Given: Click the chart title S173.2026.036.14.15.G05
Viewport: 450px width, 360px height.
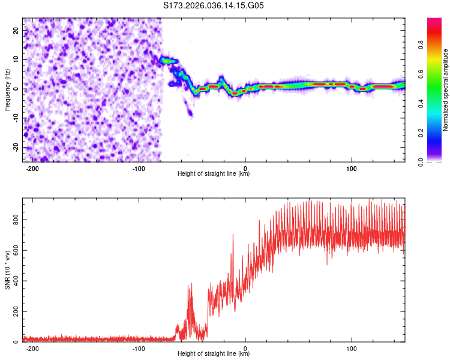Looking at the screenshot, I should (x=214, y=6).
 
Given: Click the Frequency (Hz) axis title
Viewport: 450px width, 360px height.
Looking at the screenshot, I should (x=7, y=89).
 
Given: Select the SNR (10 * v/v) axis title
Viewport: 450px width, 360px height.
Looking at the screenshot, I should (x=7, y=271).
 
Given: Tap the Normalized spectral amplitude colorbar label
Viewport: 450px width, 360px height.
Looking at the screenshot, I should (x=445, y=90).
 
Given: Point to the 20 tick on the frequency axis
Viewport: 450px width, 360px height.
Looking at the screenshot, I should (x=16, y=30).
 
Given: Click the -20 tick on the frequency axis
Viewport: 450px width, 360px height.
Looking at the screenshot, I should (x=15, y=148).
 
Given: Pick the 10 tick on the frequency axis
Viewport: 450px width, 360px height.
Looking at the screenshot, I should (x=16, y=59).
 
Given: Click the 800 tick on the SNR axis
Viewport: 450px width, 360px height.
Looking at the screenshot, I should (x=14, y=220).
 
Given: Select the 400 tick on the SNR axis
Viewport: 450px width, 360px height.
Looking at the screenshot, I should (x=14, y=281).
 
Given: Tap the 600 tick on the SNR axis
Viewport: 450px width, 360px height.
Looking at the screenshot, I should (x=14, y=251).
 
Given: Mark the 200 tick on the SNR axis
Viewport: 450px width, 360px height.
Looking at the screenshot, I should (x=14, y=312).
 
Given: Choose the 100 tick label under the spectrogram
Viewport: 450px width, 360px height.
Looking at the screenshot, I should (x=352, y=168).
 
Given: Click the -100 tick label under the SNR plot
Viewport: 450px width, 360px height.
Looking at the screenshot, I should (x=139, y=349).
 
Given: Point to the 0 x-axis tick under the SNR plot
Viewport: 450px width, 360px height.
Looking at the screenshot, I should (x=245, y=349).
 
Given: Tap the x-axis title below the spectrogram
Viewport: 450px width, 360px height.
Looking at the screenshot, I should (x=214, y=174).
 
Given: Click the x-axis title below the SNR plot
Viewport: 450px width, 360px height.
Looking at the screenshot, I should (x=214, y=354).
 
